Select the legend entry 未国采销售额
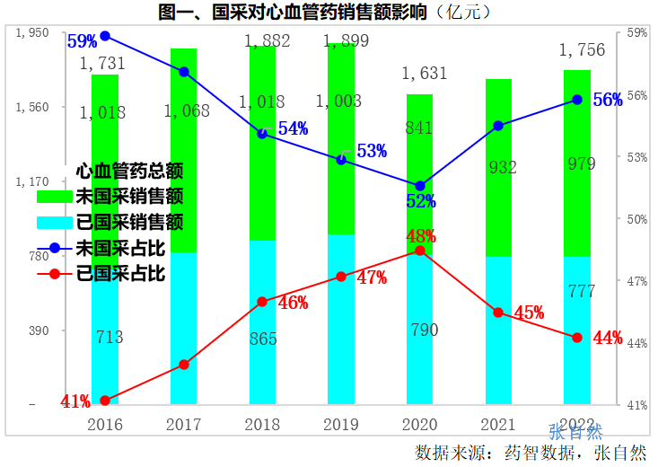(129, 195)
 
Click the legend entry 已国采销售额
(129, 221)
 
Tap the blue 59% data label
(82, 41)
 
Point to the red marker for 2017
(184, 365)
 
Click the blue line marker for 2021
(498, 126)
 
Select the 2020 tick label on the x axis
(420, 424)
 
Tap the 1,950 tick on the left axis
(33, 32)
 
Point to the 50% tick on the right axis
(636, 219)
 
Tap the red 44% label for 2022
(608, 338)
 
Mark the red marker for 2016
(105, 401)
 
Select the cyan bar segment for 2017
(183, 328)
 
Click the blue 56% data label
(608, 100)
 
